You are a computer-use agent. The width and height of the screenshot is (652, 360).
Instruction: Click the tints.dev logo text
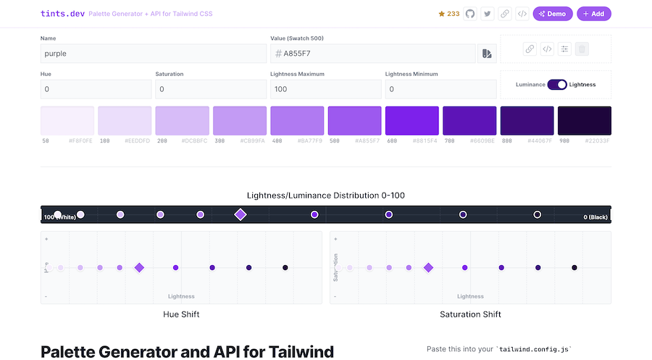point(62,14)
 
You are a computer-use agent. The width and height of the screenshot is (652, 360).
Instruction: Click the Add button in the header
point(593,14)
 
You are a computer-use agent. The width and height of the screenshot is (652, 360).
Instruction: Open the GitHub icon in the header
point(470,14)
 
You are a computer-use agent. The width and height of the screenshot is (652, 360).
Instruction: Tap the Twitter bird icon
point(488,14)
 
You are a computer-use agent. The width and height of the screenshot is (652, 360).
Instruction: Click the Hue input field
point(96,89)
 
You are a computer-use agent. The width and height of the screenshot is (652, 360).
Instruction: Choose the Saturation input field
point(210,89)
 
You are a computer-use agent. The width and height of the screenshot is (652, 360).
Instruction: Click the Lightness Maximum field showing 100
point(325,89)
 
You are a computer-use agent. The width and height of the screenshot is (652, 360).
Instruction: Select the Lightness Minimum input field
point(440,89)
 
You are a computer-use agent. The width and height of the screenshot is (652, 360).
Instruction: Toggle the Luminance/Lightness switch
point(557,85)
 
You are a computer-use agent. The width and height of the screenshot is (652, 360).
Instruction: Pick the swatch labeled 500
point(354,120)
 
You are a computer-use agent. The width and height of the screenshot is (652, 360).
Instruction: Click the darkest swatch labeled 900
point(584,120)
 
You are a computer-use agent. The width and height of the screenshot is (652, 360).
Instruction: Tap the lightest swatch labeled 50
point(67,120)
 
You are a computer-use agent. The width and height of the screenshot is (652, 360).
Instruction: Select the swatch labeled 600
point(411,120)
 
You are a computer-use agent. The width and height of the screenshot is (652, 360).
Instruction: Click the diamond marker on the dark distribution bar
point(241,214)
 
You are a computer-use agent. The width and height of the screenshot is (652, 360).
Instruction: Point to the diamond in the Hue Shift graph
point(139,267)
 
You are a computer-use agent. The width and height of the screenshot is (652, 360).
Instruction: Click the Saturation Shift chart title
point(470,314)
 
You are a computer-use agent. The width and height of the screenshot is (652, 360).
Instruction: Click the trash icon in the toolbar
point(582,49)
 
